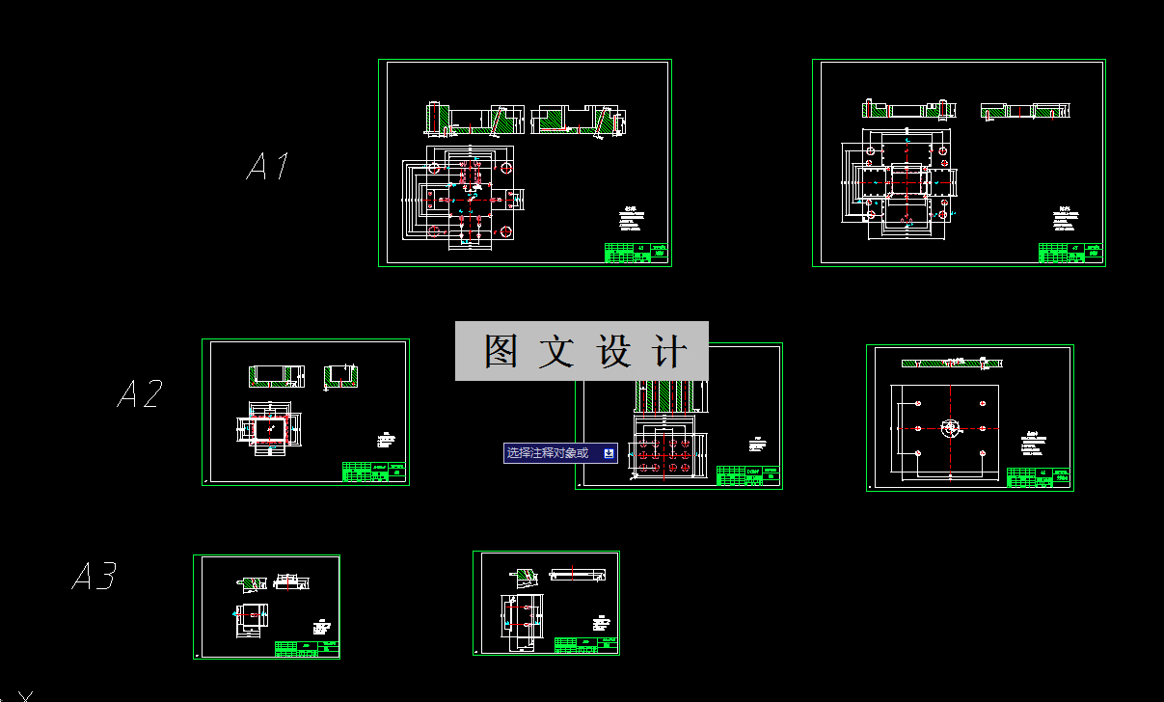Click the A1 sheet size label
tap(267, 166)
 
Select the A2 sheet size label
tap(140, 393)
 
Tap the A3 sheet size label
tap(95, 577)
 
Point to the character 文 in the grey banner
tap(556, 352)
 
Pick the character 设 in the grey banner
tap(614, 352)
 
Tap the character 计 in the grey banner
tap(670, 352)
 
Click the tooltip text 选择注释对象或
tap(547, 453)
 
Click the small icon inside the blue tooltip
tap(609, 453)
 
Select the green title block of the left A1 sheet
tap(636, 253)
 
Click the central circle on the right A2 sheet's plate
tap(950, 427)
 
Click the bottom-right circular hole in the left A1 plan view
tap(506, 231)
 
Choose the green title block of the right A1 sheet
tap(1070, 253)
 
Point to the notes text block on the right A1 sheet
tap(1066, 220)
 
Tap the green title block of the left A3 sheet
tap(307, 648)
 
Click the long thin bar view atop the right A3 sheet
tap(578, 576)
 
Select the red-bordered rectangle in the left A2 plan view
tap(271, 426)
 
